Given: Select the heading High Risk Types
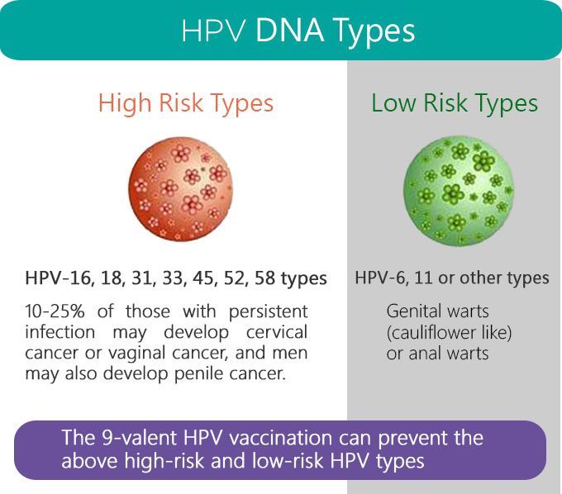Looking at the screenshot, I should pos(185,103).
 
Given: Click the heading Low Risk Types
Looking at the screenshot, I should pos(455,103).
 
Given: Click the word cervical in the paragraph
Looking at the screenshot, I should pos(273,332).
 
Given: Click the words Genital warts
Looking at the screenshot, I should pos(437,312).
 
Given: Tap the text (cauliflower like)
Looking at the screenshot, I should pos(449,333).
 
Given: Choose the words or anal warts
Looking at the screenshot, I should pos(437,354).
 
